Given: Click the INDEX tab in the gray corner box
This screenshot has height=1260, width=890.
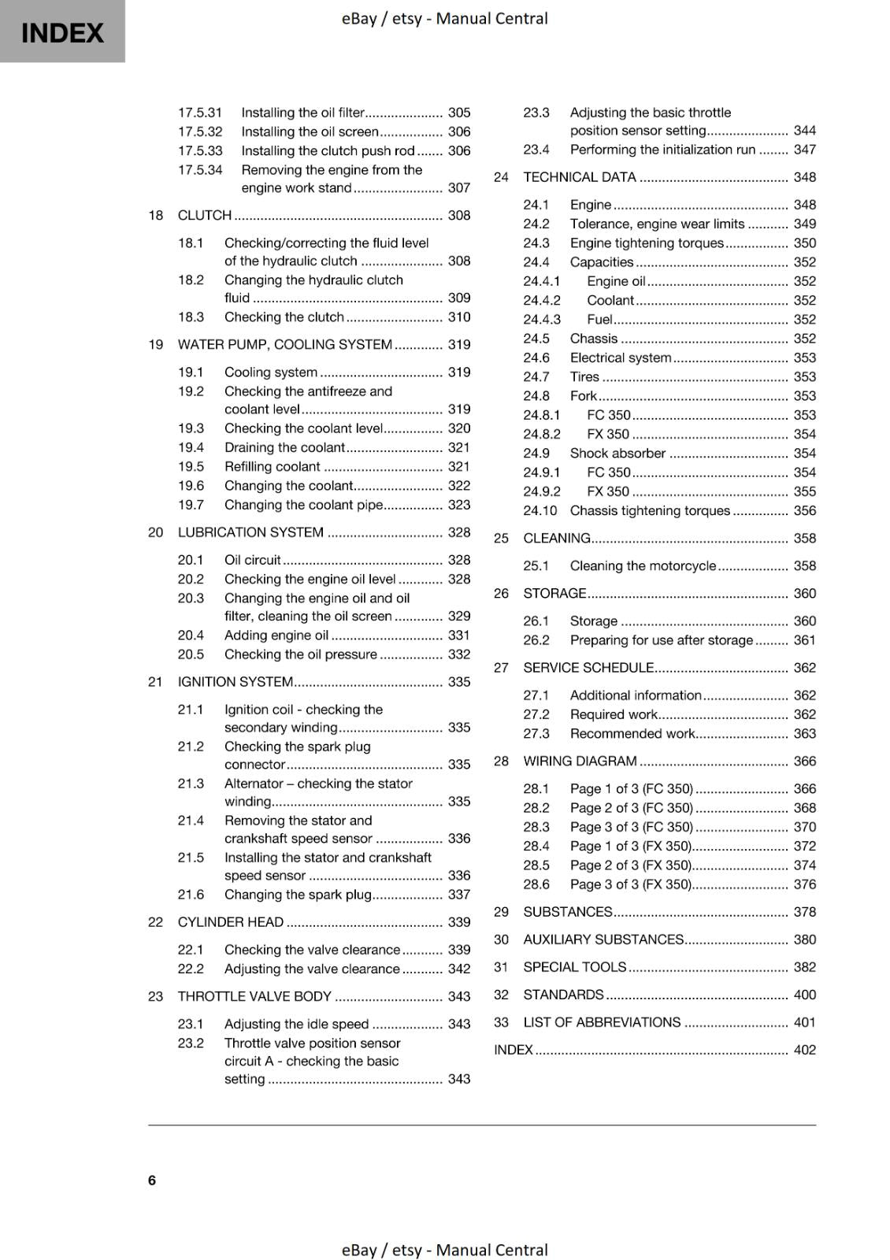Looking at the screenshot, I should click(x=62, y=32).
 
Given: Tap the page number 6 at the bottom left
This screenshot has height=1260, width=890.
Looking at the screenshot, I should click(x=152, y=1180).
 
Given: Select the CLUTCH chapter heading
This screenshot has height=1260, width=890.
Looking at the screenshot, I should click(x=205, y=215).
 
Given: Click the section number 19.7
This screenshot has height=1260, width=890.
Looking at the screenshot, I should click(x=191, y=505).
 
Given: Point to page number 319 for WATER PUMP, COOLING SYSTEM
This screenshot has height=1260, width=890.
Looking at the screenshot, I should click(x=459, y=344).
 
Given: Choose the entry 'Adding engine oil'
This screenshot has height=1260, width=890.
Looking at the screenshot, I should click(x=276, y=635).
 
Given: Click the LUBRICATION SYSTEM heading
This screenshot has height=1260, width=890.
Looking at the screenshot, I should click(x=250, y=532).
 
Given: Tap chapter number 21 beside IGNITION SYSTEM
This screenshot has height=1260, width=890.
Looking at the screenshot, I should click(x=155, y=682).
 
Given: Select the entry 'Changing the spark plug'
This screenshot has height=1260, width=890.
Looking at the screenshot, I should click(x=298, y=895).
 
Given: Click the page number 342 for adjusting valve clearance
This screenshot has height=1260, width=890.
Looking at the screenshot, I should click(x=459, y=969).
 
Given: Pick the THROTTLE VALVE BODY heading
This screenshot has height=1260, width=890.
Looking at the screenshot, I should click(x=254, y=996).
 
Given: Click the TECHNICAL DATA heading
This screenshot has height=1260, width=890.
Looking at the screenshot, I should click(x=580, y=177).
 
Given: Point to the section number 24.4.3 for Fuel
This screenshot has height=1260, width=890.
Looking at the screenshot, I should click(x=542, y=319).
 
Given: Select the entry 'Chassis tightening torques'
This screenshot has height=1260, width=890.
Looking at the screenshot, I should click(x=650, y=510).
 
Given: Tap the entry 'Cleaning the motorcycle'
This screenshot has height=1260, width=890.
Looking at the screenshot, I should click(x=643, y=565).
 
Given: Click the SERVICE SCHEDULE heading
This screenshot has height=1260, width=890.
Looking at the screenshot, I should click(x=588, y=668).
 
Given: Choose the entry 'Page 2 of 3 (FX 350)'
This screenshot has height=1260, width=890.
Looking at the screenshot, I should click(x=631, y=865).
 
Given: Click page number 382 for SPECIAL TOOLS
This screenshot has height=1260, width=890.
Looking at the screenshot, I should click(x=805, y=967).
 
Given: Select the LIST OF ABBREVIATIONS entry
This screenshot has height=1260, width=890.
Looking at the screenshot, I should click(x=602, y=1022).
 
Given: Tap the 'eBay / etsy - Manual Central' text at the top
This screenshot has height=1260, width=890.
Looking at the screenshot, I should click(x=444, y=18).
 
